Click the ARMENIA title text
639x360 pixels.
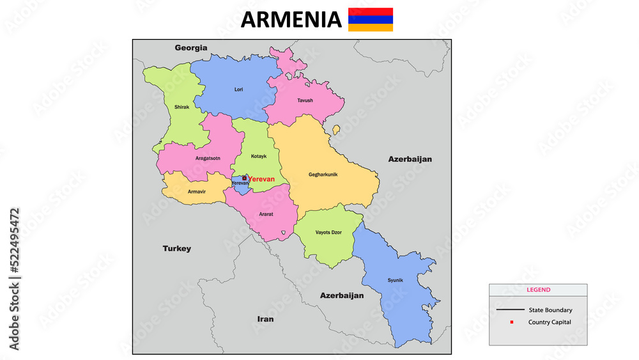click(x=291, y=20)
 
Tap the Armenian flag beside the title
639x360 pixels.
click(x=371, y=20)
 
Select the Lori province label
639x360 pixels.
click(x=239, y=90)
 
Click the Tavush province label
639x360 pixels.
click(x=305, y=100)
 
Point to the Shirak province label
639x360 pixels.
click(x=181, y=107)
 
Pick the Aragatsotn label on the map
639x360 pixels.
click(x=208, y=158)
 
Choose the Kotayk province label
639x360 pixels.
click(x=259, y=156)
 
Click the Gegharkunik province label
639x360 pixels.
click(x=323, y=175)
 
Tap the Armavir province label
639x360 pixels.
click(x=197, y=191)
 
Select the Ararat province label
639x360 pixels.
click(x=266, y=214)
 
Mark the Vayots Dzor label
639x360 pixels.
click(x=328, y=233)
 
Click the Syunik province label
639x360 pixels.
click(x=396, y=281)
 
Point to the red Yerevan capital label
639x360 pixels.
click(x=261, y=179)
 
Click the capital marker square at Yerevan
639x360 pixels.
click(x=244, y=178)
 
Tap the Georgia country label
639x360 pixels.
click(x=191, y=47)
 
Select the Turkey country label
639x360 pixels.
click(x=176, y=249)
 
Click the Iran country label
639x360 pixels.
click(x=265, y=318)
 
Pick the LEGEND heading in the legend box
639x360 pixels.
click(x=538, y=290)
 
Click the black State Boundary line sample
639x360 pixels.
click(x=509, y=310)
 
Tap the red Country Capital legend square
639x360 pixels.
click(x=512, y=322)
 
